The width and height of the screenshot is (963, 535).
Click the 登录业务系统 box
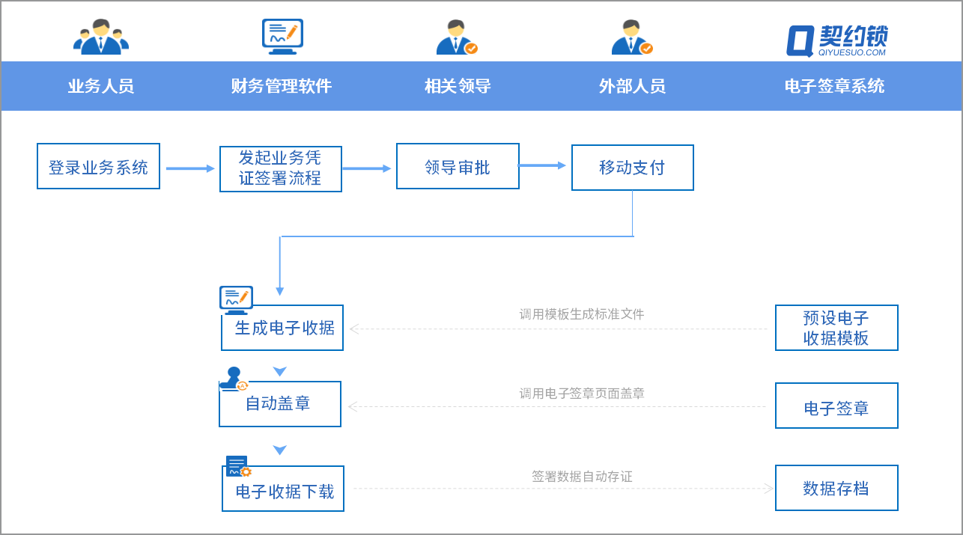[x=98, y=166]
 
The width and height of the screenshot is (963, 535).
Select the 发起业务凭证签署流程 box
[x=280, y=168]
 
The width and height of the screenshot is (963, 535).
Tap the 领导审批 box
[x=458, y=166]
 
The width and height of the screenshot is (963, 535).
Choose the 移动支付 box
[x=632, y=168]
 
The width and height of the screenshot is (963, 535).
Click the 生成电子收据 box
[x=282, y=328]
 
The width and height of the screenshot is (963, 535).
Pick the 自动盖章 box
[x=279, y=404]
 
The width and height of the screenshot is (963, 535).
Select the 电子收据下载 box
[x=283, y=489]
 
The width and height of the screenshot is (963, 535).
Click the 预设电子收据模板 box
[x=836, y=328]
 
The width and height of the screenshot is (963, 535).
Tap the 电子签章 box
[x=836, y=406]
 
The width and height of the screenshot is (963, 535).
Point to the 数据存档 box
[x=836, y=488]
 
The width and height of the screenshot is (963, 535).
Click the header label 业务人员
[x=100, y=86]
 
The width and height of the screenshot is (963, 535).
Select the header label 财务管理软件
[x=281, y=86]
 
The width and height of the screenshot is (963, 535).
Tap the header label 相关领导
[x=458, y=86]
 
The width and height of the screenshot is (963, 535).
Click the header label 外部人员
[x=632, y=86]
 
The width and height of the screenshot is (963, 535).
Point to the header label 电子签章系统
[x=834, y=86]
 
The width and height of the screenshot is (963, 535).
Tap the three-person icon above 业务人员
[x=100, y=37]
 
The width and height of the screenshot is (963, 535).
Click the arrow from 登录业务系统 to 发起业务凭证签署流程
[x=189, y=168]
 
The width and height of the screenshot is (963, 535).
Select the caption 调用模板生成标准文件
[x=582, y=314]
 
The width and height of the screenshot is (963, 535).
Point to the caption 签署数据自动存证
[x=582, y=477]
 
